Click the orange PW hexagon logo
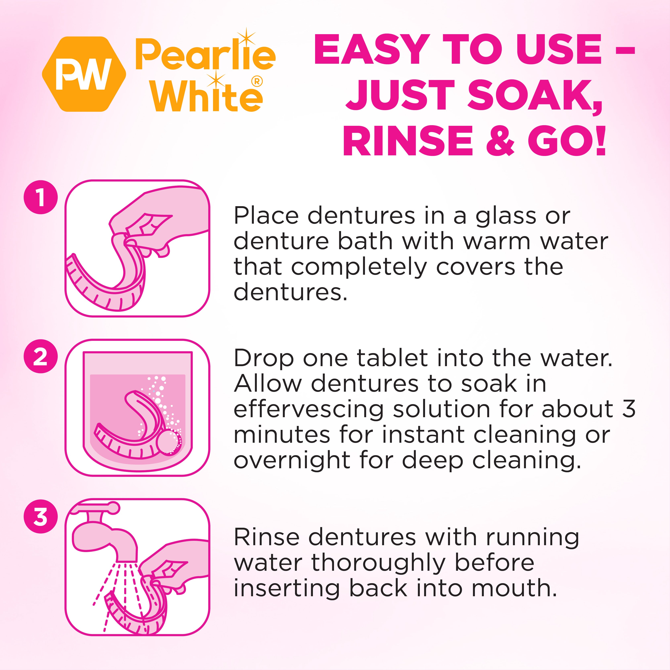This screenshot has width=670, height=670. click(x=84, y=74)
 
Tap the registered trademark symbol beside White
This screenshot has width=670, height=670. click(x=257, y=82)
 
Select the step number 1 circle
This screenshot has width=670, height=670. click(x=41, y=197)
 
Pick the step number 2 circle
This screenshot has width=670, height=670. click(x=41, y=356)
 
